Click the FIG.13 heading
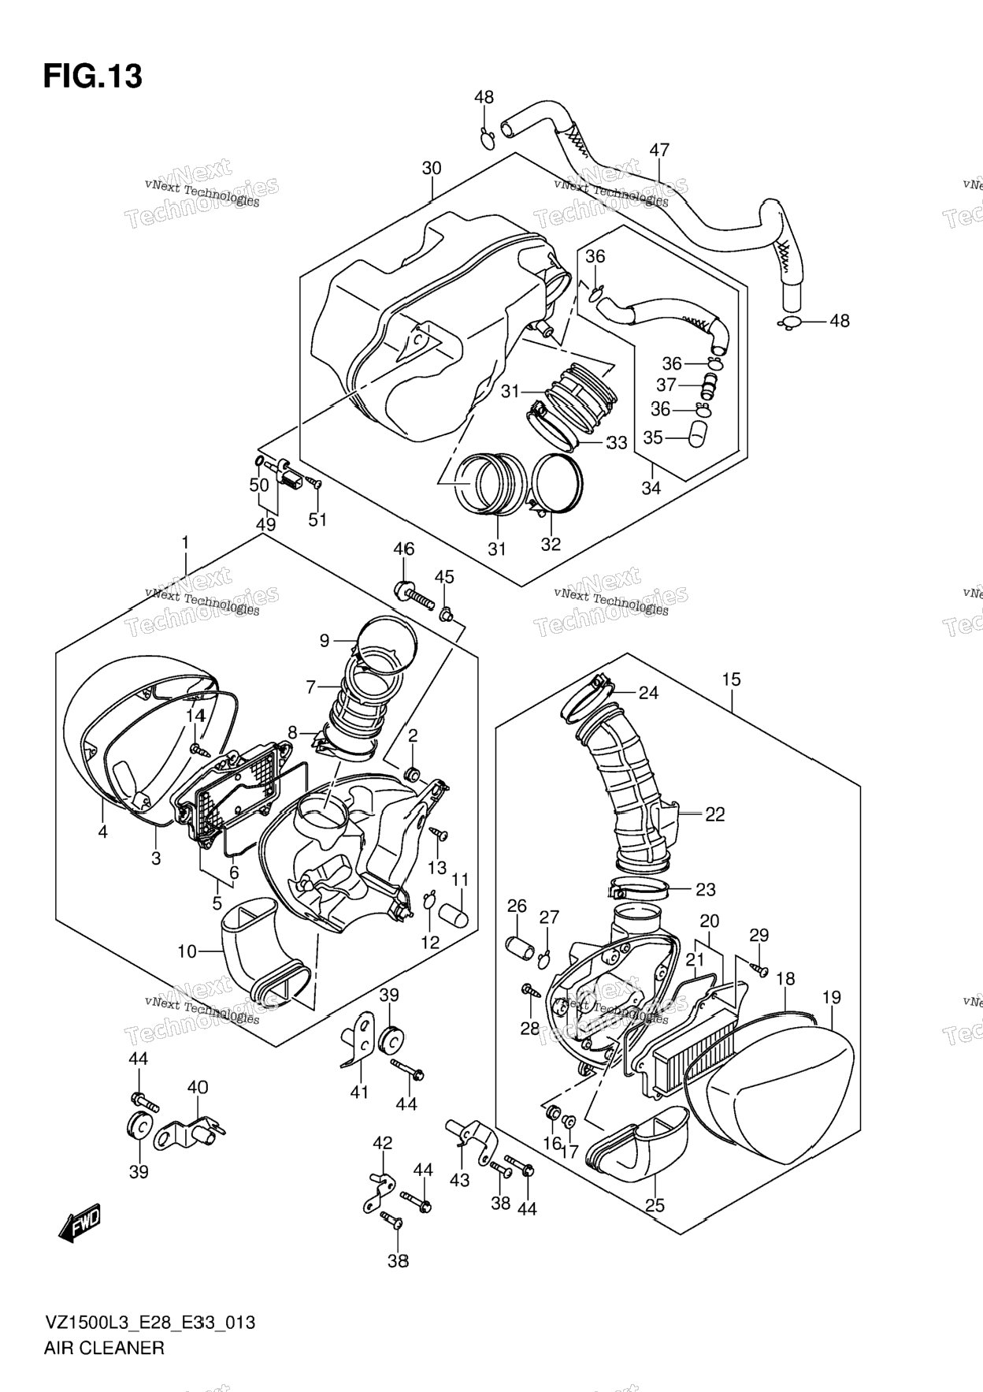coord(93,76)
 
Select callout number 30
coord(432,168)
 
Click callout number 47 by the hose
coord(659,150)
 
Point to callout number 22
coord(714,815)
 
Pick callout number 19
coord(832,997)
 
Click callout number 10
coord(187,951)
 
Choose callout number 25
coord(655,1205)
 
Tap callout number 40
coord(198,1088)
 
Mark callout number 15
coord(731,679)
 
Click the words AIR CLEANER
coord(103,1348)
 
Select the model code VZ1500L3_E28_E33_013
coord(149,1323)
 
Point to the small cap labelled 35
coord(698,434)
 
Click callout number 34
coord(651,488)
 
